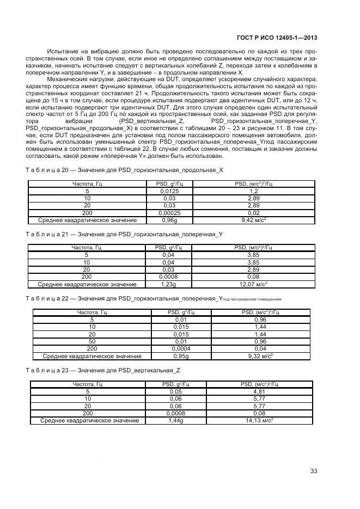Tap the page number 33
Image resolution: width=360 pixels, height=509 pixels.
point(314,471)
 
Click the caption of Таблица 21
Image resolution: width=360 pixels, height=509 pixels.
point(124,234)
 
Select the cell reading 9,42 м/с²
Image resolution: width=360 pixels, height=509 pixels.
point(253,220)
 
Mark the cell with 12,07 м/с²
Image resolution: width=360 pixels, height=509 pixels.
point(253,284)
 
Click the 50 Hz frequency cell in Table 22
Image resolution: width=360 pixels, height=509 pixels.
point(91,341)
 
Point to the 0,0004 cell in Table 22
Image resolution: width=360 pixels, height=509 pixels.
point(181,348)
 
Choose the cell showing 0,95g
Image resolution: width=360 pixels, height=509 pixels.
point(181,356)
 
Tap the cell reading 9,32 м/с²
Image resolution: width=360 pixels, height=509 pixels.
point(261,356)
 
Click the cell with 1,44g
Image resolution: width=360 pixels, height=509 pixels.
point(175,420)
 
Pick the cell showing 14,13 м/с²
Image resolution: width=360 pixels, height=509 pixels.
point(259,420)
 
